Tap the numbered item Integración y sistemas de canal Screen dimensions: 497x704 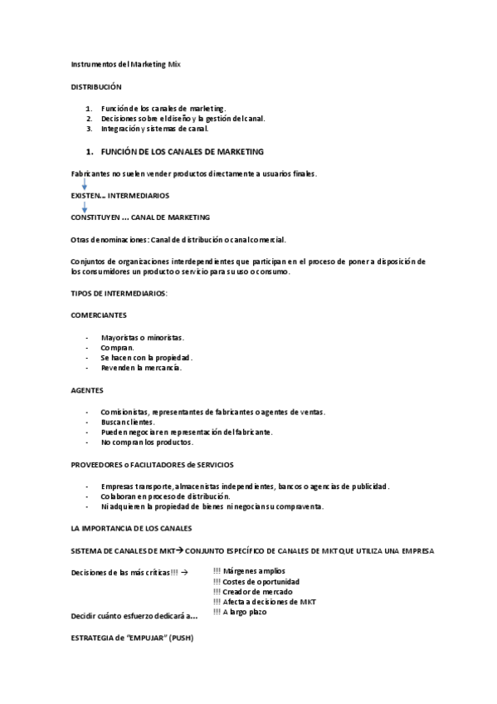pos(155,129)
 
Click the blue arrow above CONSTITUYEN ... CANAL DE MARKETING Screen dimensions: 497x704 pos(85,206)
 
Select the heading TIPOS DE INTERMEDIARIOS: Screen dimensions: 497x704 pos(119,294)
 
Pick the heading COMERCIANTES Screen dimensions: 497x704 pos(100,316)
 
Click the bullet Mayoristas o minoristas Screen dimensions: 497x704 pos(142,338)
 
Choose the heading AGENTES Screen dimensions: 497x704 pos(88,390)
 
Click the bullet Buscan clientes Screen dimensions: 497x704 pos(128,422)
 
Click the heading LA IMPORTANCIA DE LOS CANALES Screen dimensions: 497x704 pos(132,528)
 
